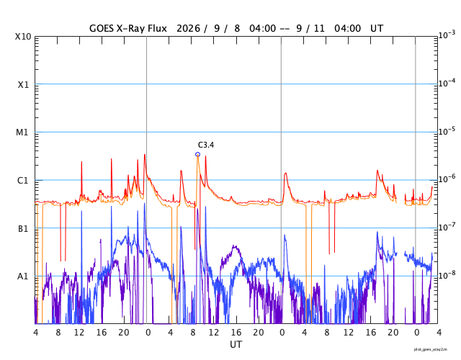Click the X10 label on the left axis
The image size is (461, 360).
[x=23, y=37]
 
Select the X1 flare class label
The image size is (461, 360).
[x=23, y=85]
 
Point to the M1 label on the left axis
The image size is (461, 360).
[x=22, y=132]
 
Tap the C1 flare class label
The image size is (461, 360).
[x=22, y=181]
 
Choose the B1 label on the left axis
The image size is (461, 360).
[x=23, y=229]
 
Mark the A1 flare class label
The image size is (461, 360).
[x=22, y=276]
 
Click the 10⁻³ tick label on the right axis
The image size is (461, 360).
[x=447, y=35]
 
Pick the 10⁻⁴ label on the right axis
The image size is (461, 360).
[x=447, y=83]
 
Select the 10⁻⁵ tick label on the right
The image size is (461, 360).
[x=447, y=131]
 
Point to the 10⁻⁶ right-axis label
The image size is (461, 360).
[x=447, y=179]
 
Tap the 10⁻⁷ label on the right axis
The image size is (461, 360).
[x=447, y=227]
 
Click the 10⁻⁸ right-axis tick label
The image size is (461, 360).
[x=447, y=275]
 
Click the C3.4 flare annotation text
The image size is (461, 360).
[x=206, y=145]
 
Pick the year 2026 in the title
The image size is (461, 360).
[x=189, y=29]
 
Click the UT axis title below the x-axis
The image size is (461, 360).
[x=236, y=344]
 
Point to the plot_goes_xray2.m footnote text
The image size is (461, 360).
[x=431, y=349]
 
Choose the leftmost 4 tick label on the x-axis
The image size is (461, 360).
[x=35, y=333]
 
